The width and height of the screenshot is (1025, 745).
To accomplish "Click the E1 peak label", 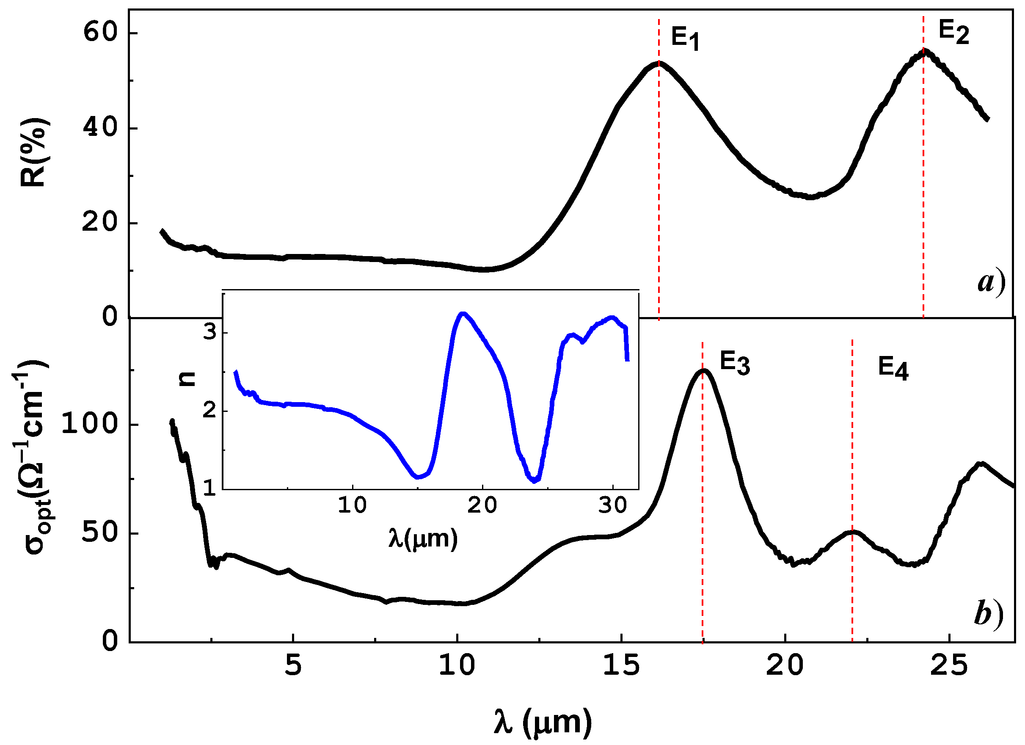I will (x=685, y=38).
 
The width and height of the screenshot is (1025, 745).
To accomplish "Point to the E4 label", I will (x=893, y=368).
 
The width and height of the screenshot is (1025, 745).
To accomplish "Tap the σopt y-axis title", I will (x=34, y=457).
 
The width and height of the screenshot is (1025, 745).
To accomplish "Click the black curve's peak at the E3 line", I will (x=703, y=371).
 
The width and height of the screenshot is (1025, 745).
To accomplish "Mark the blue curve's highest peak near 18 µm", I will (x=462, y=313).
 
